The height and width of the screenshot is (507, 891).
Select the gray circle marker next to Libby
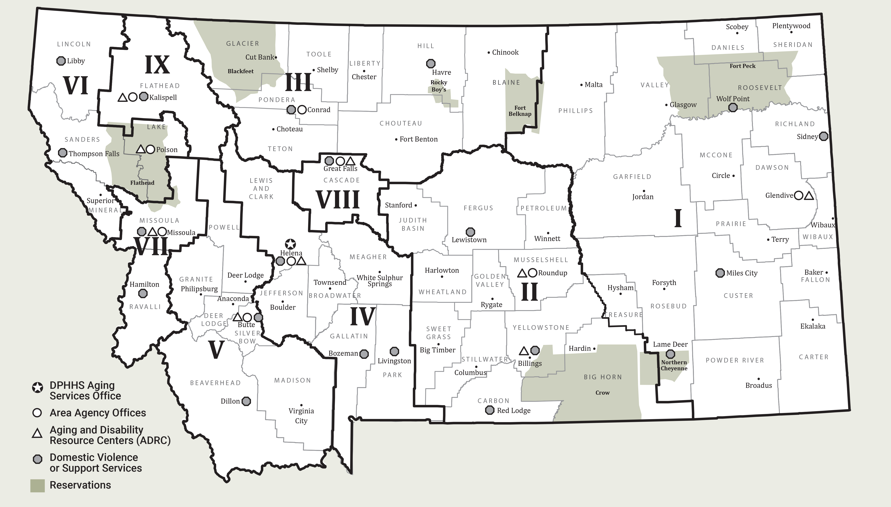point(61,61)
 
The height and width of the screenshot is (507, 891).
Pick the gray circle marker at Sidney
point(823,136)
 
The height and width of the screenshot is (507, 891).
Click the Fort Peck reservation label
point(743,66)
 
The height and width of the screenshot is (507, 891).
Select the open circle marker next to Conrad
point(302,110)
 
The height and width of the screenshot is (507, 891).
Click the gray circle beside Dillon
point(246,401)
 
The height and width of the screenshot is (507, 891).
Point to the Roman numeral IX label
point(157,65)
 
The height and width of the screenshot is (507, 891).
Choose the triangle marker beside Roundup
point(522,273)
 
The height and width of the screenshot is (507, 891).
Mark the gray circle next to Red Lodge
point(490,410)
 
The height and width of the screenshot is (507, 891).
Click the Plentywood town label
point(791,26)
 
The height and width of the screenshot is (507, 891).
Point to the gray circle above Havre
point(431,63)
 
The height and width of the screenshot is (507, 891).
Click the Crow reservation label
point(602,393)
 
